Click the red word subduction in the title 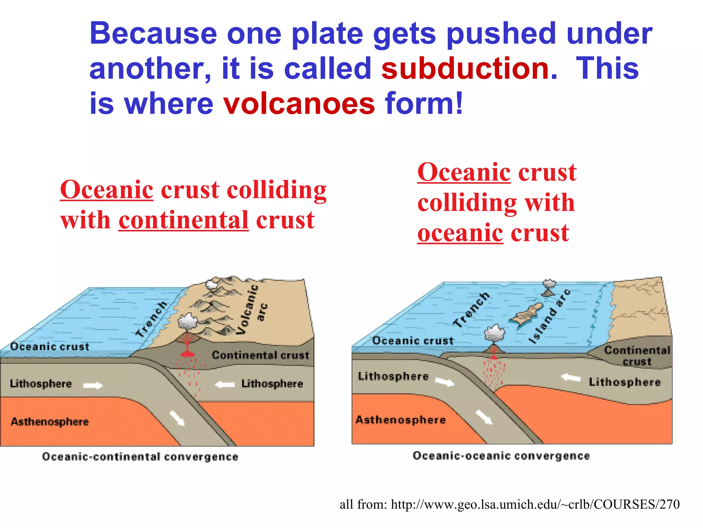coord(469,68)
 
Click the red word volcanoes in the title coord(299,103)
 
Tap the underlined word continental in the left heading coord(183,220)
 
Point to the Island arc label coord(549,316)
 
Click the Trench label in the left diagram coord(151,319)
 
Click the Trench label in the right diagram coord(471,310)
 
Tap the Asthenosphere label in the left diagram coord(50,421)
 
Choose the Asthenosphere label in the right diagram coord(401,420)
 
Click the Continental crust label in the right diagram coord(637,355)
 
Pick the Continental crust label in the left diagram coord(261,355)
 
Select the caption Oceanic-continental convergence coord(140,457)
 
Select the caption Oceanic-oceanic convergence coord(501,456)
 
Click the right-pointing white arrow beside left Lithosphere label coord(93,386)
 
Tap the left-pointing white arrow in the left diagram coord(225,384)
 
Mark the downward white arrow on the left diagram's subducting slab coord(177,418)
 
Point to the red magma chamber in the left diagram coord(187,354)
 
